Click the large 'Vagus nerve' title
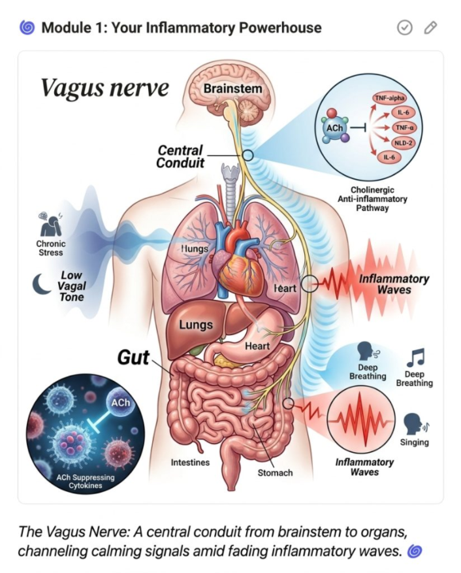[x=104, y=88]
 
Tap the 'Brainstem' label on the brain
[x=232, y=88]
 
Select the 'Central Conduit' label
[x=180, y=157]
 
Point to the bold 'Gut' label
[x=134, y=357]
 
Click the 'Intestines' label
[x=190, y=462]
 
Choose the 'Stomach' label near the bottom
[x=275, y=473]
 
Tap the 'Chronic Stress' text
[x=51, y=248]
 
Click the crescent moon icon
[x=41, y=284]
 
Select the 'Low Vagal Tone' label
[x=72, y=286]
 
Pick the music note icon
[x=416, y=357]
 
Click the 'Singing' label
[x=414, y=442]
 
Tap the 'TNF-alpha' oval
[x=389, y=98]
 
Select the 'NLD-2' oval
[x=402, y=142]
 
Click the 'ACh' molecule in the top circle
[x=334, y=128]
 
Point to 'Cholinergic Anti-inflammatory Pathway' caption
[x=372, y=199]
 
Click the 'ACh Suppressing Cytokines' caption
[x=85, y=481]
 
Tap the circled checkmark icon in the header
[x=404, y=27]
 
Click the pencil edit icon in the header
[x=430, y=27]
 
